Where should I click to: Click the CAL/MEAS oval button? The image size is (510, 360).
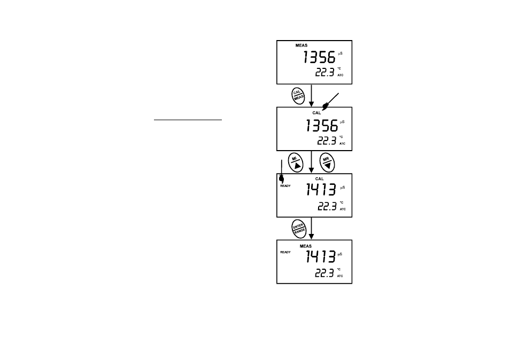coord(298,96)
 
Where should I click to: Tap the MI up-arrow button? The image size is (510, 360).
coord(295,162)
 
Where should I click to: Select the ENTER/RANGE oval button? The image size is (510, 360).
coord(299,229)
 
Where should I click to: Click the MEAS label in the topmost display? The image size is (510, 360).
coord(301,45)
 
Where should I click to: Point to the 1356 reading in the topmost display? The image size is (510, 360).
coord(319,57)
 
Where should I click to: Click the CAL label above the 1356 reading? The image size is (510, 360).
coord(316,113)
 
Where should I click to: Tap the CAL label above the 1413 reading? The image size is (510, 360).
coord(319,179)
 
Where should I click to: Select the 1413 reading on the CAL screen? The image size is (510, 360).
coord(321,189)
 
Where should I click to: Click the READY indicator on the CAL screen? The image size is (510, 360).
coord(285,186)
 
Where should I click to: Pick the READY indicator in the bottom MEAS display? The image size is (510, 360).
coord(285,252)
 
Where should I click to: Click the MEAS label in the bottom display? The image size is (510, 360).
coord(305,246)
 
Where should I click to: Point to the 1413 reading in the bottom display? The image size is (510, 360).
coord(320,256)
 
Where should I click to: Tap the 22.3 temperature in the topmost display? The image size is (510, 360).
coord(324,72)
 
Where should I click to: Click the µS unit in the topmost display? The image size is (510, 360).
coord(340,53)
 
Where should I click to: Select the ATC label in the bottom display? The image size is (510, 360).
coord(340,276)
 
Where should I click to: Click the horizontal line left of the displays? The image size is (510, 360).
coord(188,120)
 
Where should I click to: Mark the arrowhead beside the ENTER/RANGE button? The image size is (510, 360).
coord(311,237)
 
